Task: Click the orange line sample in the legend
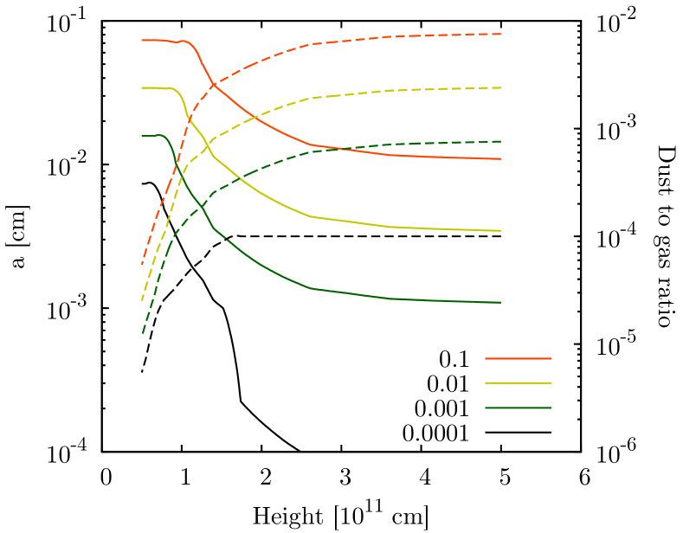point(518,358)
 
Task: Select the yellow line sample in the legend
point(518,382)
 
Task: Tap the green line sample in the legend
point(518,408)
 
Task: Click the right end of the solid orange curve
point(500,158)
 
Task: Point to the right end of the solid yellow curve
point(500,230)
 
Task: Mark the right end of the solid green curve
point(500,302)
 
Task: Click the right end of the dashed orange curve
point(500,34)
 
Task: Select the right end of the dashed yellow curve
point(500,87)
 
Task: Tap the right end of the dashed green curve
point(500,141)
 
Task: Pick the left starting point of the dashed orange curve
point(142,263)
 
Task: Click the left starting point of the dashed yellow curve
point(142,299)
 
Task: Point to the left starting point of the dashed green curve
point(143,332)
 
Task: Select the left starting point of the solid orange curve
point(142,40)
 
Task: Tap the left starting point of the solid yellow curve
point(142,87)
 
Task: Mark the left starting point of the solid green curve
point(142,135)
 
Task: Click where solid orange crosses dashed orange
point(212,83)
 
